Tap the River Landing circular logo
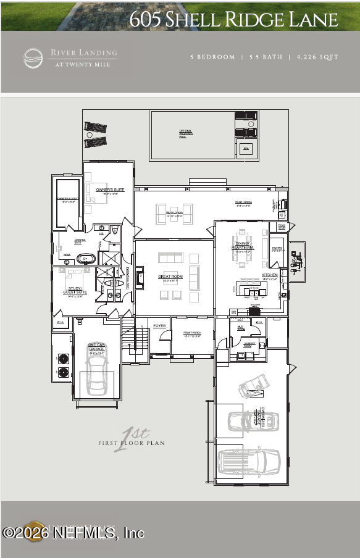33,58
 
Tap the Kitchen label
270,275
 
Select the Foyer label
159,325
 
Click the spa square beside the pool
246,149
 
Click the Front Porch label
193,334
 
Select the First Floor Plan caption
130,443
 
